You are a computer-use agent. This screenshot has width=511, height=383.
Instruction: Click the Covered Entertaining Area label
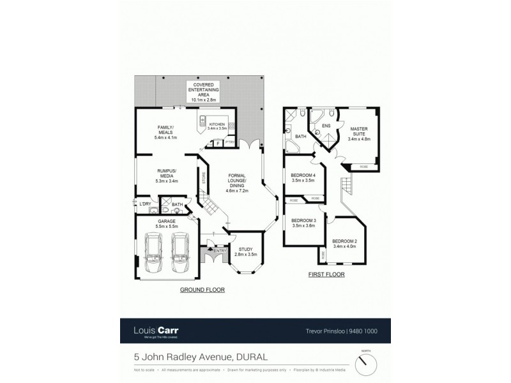(x=204, y=91)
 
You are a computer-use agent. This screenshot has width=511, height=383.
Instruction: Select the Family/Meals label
(x=165, y=132)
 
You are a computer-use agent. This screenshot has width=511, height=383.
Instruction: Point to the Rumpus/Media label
(x=166, y=176)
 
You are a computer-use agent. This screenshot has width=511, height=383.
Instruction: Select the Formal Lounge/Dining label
(x=238, y=183)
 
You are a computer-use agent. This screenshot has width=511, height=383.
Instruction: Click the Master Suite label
(x=358, y=135)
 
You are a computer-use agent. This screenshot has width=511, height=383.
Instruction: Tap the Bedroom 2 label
(x=344, y=243)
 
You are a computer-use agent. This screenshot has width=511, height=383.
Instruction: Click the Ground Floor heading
(x=202, y=289)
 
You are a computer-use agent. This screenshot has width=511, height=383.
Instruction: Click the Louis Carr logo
(x=155, y=331)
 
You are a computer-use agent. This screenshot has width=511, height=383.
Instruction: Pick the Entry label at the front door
(x=220, y=250)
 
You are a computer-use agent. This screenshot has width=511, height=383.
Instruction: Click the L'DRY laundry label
(x=146, y=204)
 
